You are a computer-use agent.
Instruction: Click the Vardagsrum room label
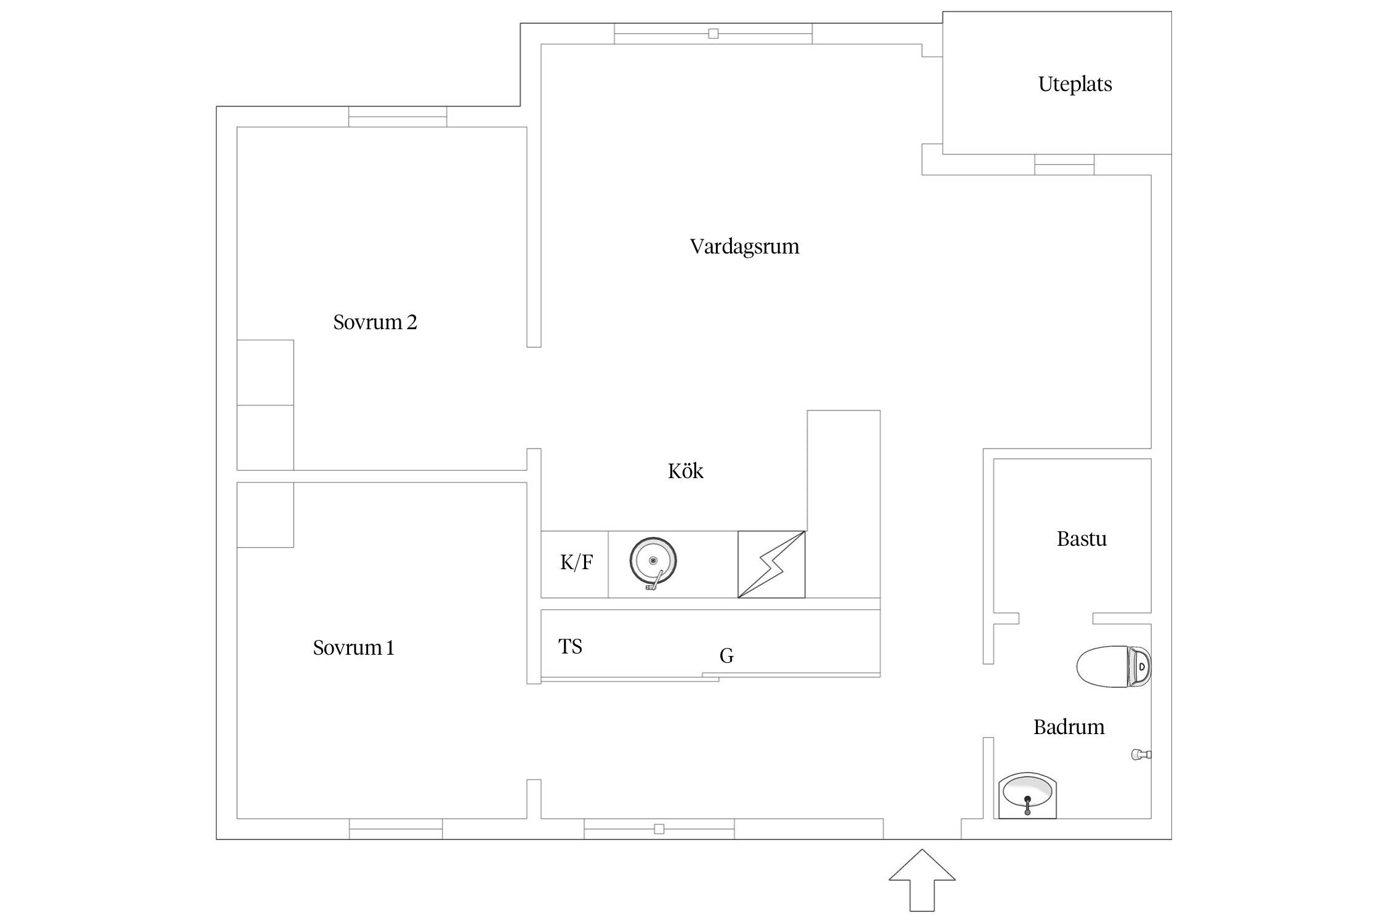[x=744, y=247]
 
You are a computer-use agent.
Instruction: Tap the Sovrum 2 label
[x=375, y=322]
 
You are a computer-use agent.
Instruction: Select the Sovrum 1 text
[x=353, y=647]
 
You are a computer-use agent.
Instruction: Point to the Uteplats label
[x=1075, y=84]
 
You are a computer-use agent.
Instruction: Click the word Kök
[x=685, y=471]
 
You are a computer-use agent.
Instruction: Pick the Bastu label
[x=1082, y=539]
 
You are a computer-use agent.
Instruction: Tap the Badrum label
[x=1069, y=727]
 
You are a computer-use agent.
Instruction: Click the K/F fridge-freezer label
[x=576, y=562]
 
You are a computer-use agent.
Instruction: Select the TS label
[x=570, y=647]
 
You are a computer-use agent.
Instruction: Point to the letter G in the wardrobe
[x=726, y=656]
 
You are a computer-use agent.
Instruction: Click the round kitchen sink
[x=653, y=561]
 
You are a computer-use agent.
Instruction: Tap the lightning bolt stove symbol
[x=771, y=564]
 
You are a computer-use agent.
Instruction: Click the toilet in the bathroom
[x=1113, y=666]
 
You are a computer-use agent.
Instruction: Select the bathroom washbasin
[x=1027, y=795]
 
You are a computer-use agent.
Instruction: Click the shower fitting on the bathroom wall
[x=1140, y=754]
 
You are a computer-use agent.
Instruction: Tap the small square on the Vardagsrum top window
[x=713, y=34]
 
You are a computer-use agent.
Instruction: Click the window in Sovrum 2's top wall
[x=398, y=117]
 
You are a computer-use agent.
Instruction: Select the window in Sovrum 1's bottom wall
[x=396, y=829]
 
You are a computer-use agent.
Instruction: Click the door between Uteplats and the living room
[x=1064, y=165]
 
